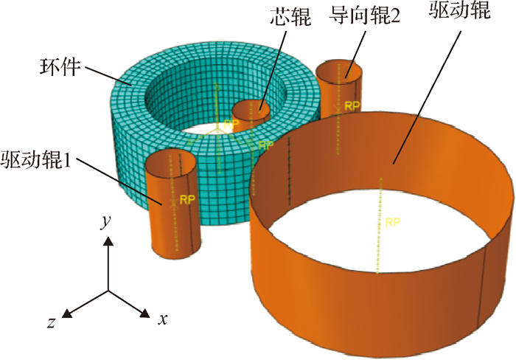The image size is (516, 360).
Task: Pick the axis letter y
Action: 106,222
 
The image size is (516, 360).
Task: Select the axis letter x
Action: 164,319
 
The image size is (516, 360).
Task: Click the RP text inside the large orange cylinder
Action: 393,221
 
